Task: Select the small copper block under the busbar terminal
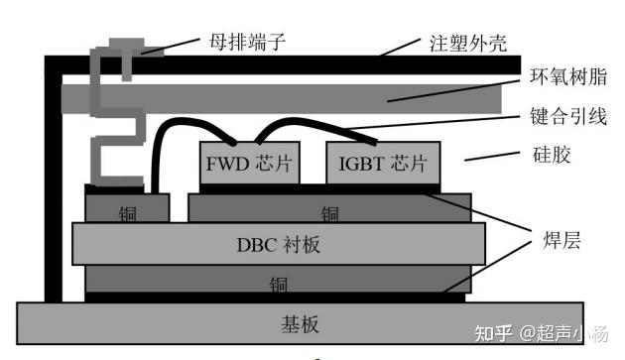coord(127,207)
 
